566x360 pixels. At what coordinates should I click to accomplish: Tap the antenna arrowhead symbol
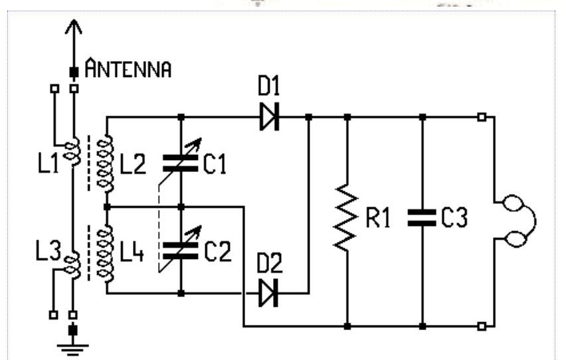click(74, 27)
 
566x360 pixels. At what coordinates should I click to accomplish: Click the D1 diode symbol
click(269, 117)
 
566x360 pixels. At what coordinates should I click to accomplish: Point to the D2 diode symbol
click(268, 293)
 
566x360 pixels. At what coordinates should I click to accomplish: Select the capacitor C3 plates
click(422, 218)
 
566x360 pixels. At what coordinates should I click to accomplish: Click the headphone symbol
click(517, 221)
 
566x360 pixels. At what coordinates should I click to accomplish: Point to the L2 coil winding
click(105, 163)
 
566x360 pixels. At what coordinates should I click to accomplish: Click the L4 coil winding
click(105, 253)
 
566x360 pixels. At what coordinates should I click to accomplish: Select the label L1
click(48, 163)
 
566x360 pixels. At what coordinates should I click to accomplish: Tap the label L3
click(48, 250)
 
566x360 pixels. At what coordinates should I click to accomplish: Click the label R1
click(378, 218)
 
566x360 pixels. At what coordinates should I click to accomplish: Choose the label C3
click(455, 217)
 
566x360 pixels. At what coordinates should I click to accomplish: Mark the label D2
click(270, 263)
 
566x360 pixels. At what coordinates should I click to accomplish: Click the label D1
click(269, 86)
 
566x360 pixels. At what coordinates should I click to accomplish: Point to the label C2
click(218, 251)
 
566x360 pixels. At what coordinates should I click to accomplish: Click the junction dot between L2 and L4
click(107, 207)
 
